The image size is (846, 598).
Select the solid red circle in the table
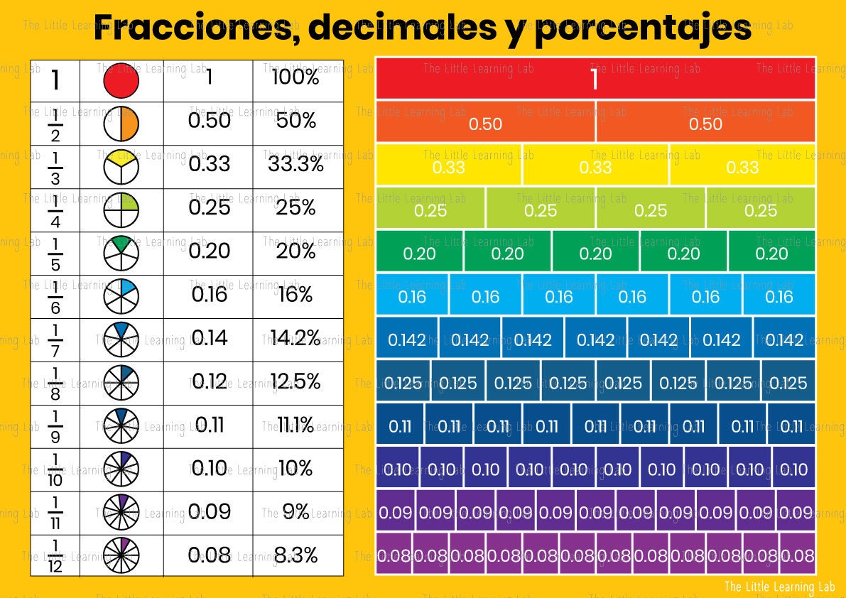click(121, 80)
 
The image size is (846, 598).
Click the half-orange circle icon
click(121, 124)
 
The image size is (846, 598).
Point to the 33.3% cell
click(296, 164)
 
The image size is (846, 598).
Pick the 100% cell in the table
click(295, 77)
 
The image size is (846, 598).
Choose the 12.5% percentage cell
click(295, 381)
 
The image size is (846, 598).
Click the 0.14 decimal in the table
click(209, 338)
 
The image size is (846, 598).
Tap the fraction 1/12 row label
click(55, 555)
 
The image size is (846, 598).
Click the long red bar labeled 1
click(595, 80)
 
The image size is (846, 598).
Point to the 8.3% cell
click(295, 555)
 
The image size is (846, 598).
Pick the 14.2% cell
click(295, 338)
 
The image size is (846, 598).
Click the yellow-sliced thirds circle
click(121, 168)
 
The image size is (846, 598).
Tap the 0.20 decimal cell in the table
click(209, 251)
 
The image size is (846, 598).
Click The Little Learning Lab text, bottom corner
click(780, 586)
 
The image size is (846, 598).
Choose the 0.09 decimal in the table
click(209, 511)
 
